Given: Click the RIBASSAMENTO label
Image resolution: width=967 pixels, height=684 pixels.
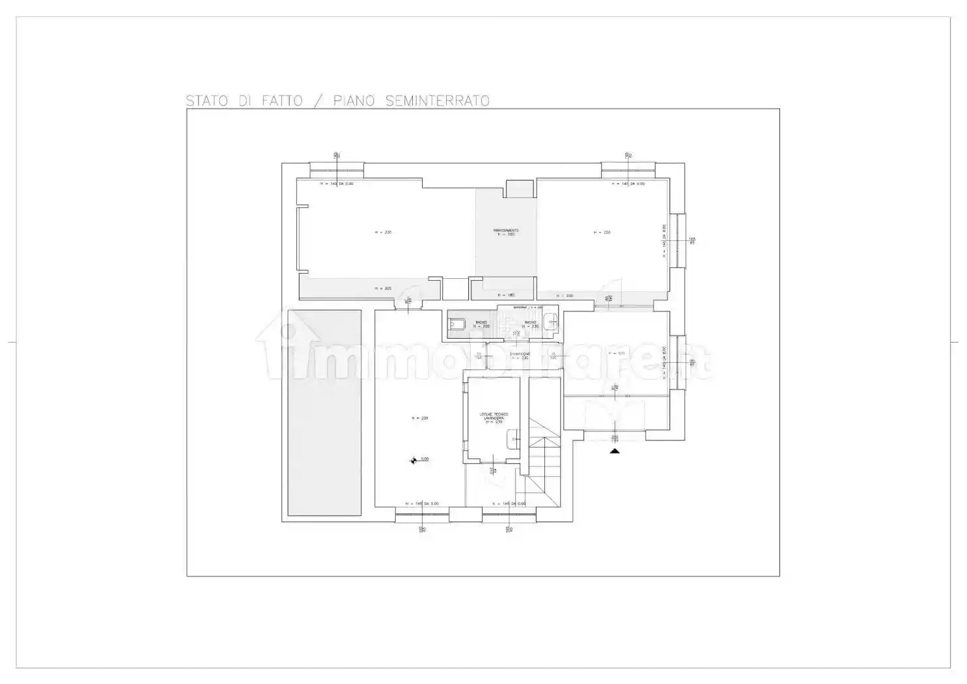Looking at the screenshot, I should [x=505, y=231].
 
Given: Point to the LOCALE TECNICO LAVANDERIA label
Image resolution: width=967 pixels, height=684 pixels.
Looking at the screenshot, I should [x=494, y=418].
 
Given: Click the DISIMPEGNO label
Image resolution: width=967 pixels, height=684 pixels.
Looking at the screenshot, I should [x=520, y=354].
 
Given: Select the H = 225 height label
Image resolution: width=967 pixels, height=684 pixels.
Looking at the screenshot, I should [x=601, y=232].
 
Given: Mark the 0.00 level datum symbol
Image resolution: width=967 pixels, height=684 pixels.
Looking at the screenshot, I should [x=413, y=461].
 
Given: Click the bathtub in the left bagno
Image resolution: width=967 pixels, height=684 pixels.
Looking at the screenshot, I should [x=456, y=324].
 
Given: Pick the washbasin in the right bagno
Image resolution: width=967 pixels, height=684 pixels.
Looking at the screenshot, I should [x=551, y=320].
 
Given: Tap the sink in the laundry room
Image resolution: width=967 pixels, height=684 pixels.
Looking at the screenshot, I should [x=513, y=439].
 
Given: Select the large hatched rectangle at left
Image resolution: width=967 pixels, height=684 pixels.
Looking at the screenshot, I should [x=324, y=413].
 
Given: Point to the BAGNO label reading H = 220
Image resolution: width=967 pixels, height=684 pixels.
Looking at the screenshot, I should [x=481, y=324].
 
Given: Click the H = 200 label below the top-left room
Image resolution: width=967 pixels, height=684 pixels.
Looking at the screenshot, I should [x=383, y=288].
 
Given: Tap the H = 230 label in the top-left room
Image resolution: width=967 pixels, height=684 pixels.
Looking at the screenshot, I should [x=383, y=232].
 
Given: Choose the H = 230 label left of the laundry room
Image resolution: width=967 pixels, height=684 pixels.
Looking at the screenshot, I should [x=419, y=418].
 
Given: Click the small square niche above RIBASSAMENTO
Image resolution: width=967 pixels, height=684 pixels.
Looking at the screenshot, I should [x=520, y=188].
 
